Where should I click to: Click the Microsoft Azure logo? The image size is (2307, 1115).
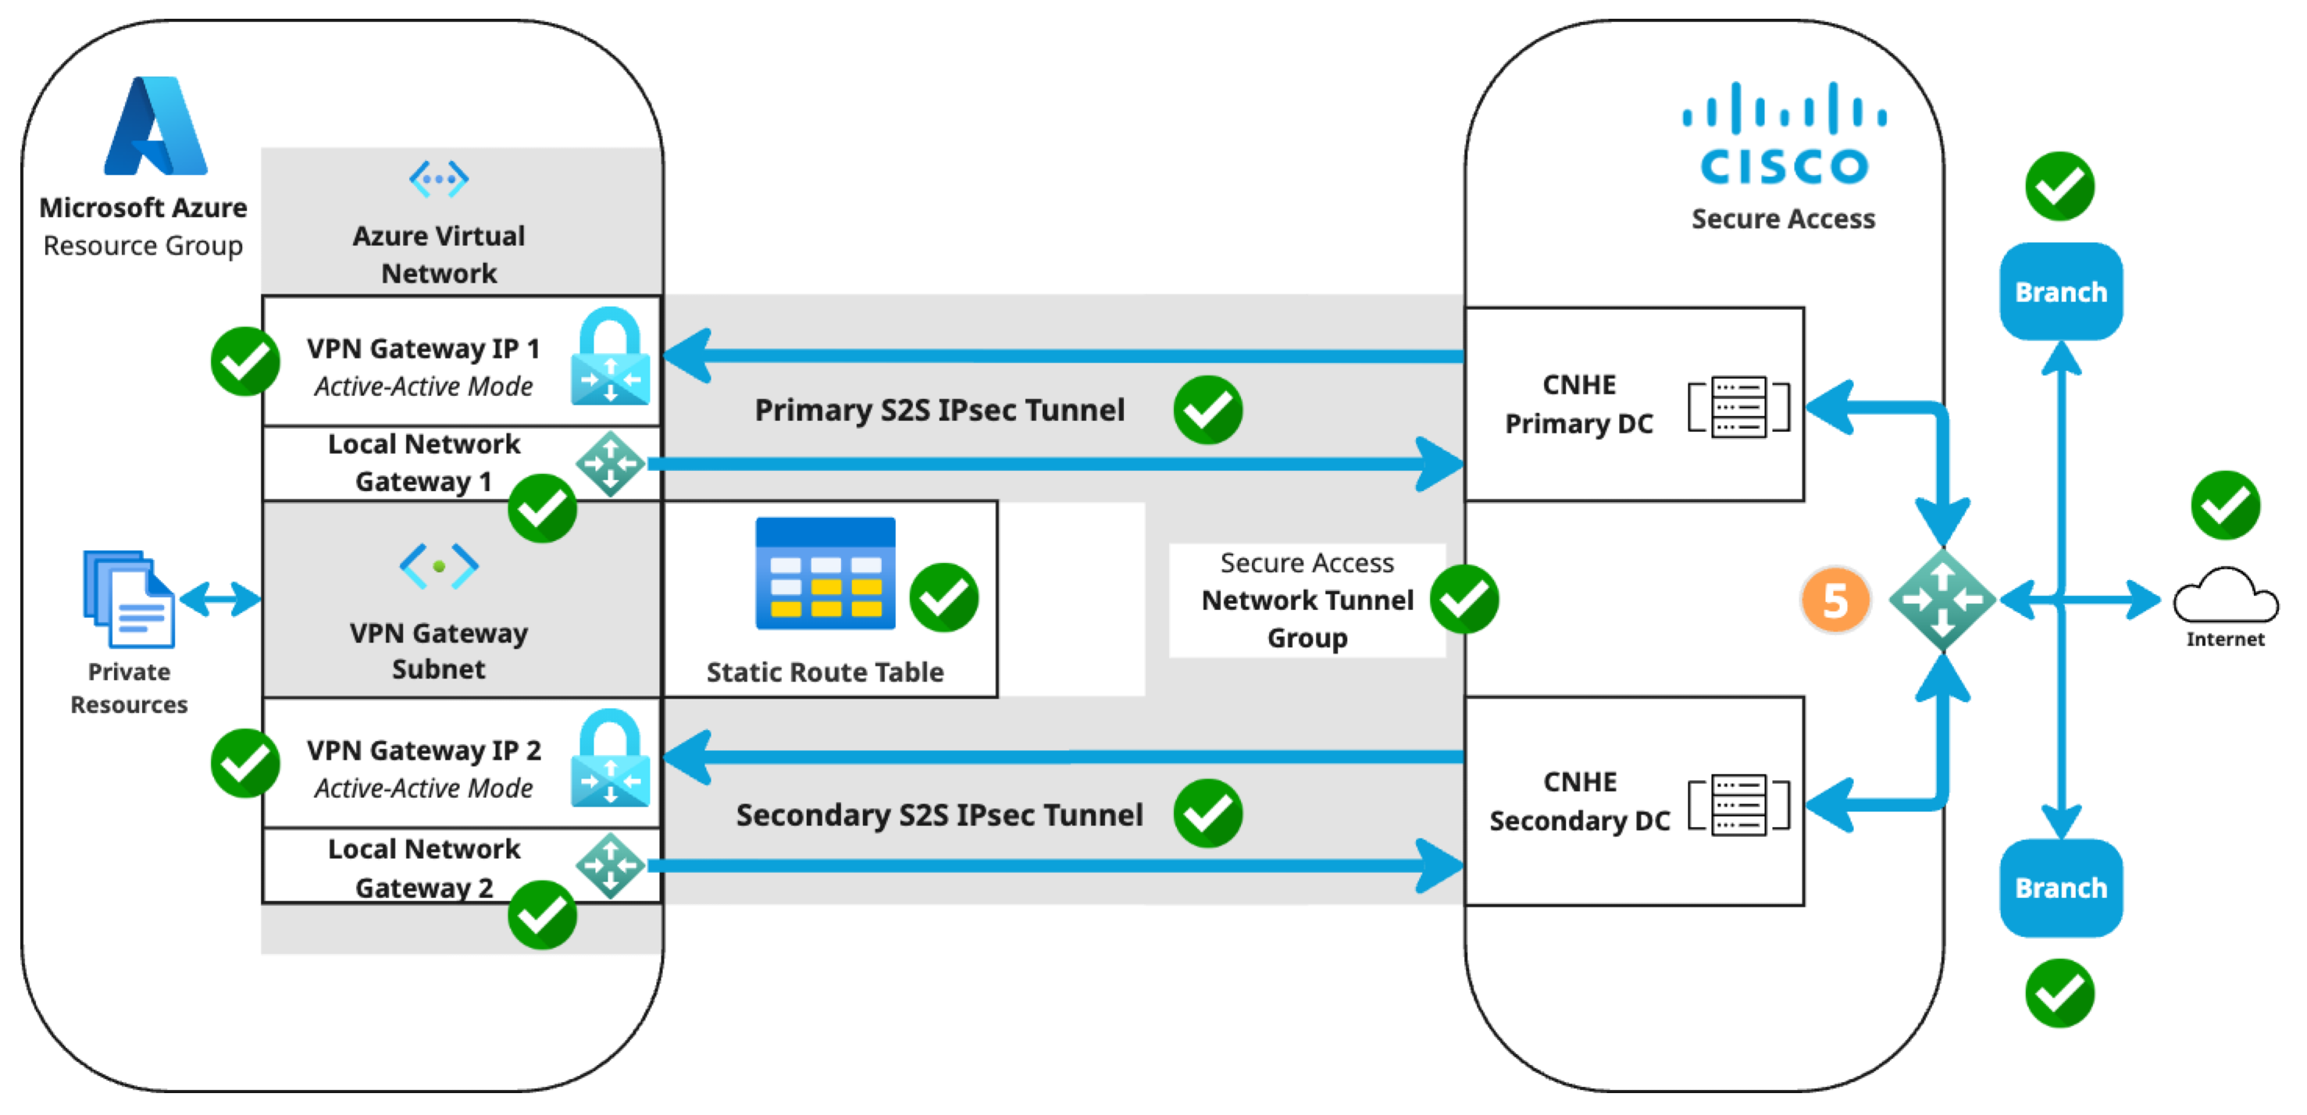pyautogui.click(x=156, y=126)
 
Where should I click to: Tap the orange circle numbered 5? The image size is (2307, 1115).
pyautogui.click(x=1835, y=600)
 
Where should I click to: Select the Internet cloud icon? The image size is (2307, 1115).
pyautogui.click(x=2226, y=595)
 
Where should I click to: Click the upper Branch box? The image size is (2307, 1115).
pyautogui.click(x=2061, y=292)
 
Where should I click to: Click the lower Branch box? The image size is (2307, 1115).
pyautogui.click(x=2061, y=888)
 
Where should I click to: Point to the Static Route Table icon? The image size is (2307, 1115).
pyautogui.click(x=825, y=573)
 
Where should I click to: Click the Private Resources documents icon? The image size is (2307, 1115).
pyautogui.click(x=129, y=598)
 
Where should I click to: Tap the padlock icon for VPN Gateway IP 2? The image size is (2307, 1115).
pyautogui.click(x=610, y=757)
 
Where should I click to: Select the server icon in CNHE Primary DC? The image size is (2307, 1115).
pyautogui.click(x=1738, y=408)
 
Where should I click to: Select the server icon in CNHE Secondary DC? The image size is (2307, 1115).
pyautogui.click(x=1738, y=804)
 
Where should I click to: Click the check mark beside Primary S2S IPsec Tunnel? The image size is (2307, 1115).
pyautogui.click(x=1208, y=410)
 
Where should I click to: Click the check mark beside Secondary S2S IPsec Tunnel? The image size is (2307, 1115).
pyautogui.click(x=1208, y=813)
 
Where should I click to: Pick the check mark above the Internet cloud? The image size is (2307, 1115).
pyautogui.click(x=2226, y=505)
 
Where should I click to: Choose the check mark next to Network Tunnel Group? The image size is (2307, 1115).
pyautogui.click(x=1464, y=599)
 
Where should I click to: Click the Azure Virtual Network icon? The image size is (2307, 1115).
pyautogui.click(x=439, y=179)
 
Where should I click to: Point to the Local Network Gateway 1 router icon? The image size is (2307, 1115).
pyautogui.click(x=610, y=464)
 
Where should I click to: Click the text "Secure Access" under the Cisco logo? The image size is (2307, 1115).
pyautogui.click(x=1783, y=219)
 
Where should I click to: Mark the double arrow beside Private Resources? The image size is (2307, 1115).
pyautogui.click(x=220, y=598)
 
